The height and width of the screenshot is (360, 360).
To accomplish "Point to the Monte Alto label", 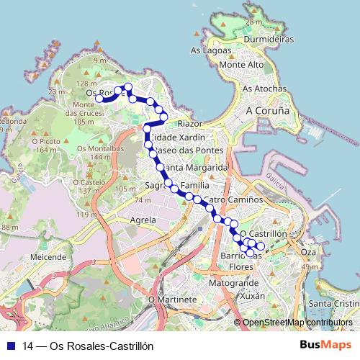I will (x=241, y=65).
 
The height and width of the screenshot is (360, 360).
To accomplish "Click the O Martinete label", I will (x=172, y=299).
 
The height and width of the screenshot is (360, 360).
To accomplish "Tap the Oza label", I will (x=308, y=252).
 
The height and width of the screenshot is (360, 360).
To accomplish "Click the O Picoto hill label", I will (x=45, y=142).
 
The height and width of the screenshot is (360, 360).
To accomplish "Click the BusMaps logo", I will (x=326, y=345).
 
